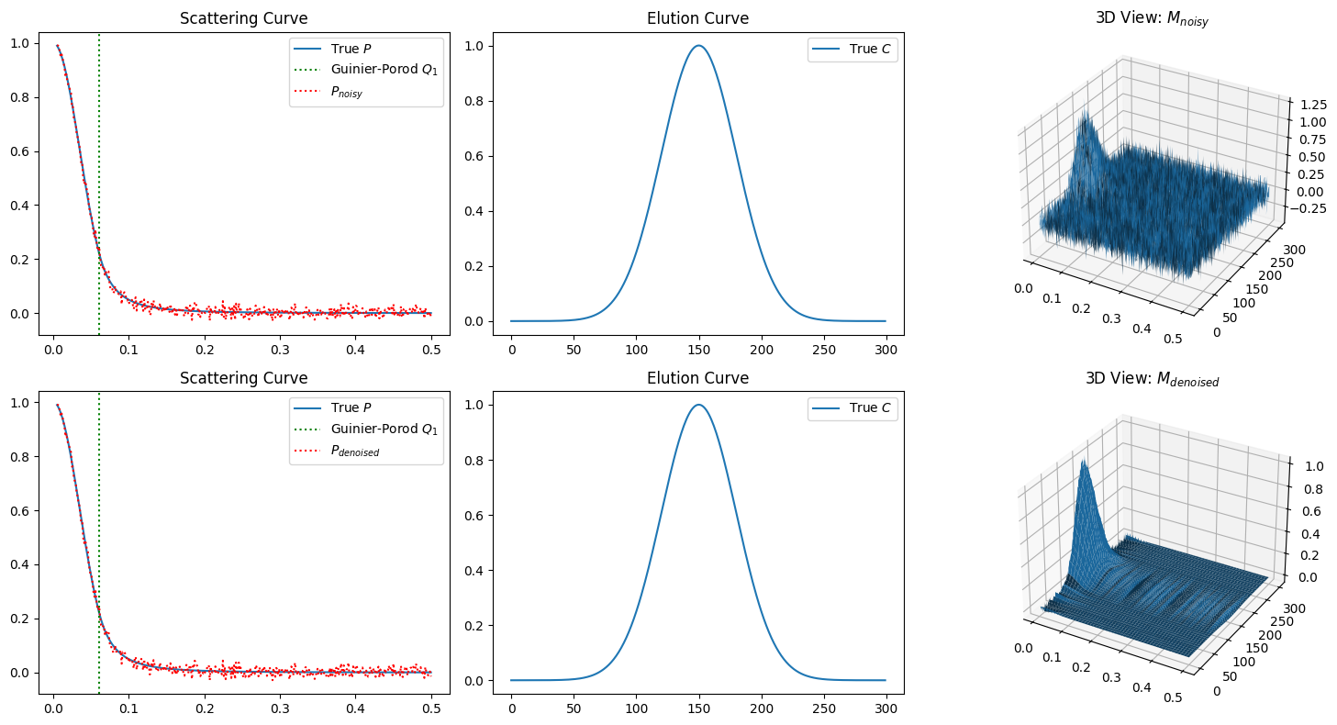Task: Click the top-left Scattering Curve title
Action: tap(243, 18)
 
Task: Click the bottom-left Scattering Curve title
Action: tap(243, 378)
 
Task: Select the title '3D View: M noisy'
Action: tap(1152, 19)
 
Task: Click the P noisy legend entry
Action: tap(351, 92)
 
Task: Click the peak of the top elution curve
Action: tap(699, 46)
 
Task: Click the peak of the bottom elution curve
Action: tap(699, 405)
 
